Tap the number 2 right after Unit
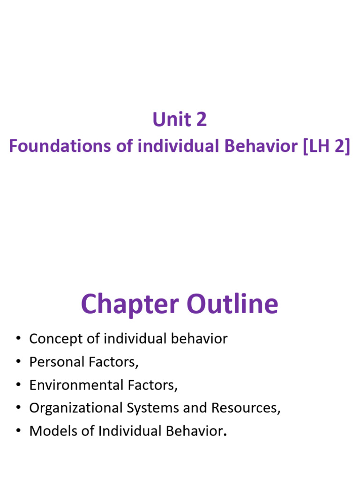pos(201,120)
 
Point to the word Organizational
pos(76,408)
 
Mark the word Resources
pos(246,408)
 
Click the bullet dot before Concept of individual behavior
pos(18,339)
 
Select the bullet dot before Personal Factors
pos(18,362)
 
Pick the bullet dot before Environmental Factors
pos(18,385)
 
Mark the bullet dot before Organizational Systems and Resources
pos(18,408)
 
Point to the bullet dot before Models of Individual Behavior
pos(18,431)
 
